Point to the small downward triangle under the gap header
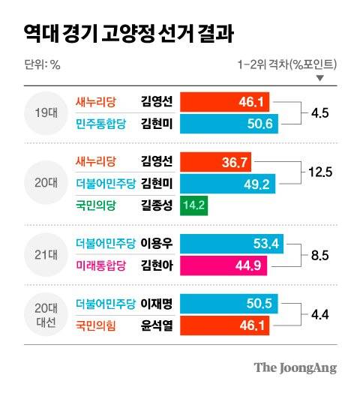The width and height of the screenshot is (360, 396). [x=321, y=78]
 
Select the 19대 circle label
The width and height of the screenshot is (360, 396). [x=40, y=112]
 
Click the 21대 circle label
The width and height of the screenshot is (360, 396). [x=40, y=253]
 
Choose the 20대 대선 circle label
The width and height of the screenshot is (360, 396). [x=40, y=315]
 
